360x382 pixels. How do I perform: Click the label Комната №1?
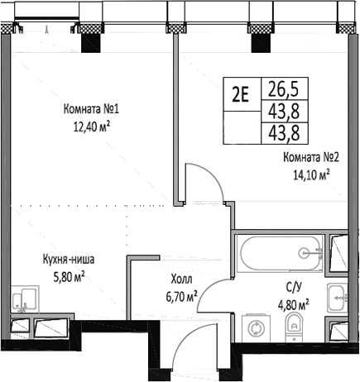(x=93, y=108)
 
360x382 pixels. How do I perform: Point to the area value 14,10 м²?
(x=309, y=174)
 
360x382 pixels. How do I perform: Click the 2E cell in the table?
(x=241, y=93)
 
